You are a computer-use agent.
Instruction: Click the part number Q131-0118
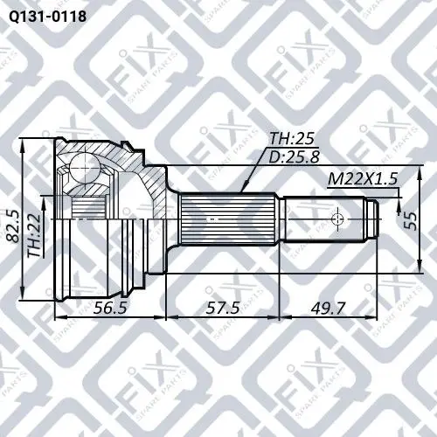pos(47,17)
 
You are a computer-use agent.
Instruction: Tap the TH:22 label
pos(35,235)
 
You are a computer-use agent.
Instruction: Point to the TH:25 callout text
pos(292,139)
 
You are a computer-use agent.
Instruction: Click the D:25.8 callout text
pos(294,156)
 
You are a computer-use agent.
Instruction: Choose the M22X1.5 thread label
pos(363,179)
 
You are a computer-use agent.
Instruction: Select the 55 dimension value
pos(412,220)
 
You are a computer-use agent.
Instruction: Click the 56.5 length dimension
pos(110,308)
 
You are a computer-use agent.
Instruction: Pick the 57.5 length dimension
pos(223,308)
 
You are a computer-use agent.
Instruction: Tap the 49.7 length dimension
pos(328,308)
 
